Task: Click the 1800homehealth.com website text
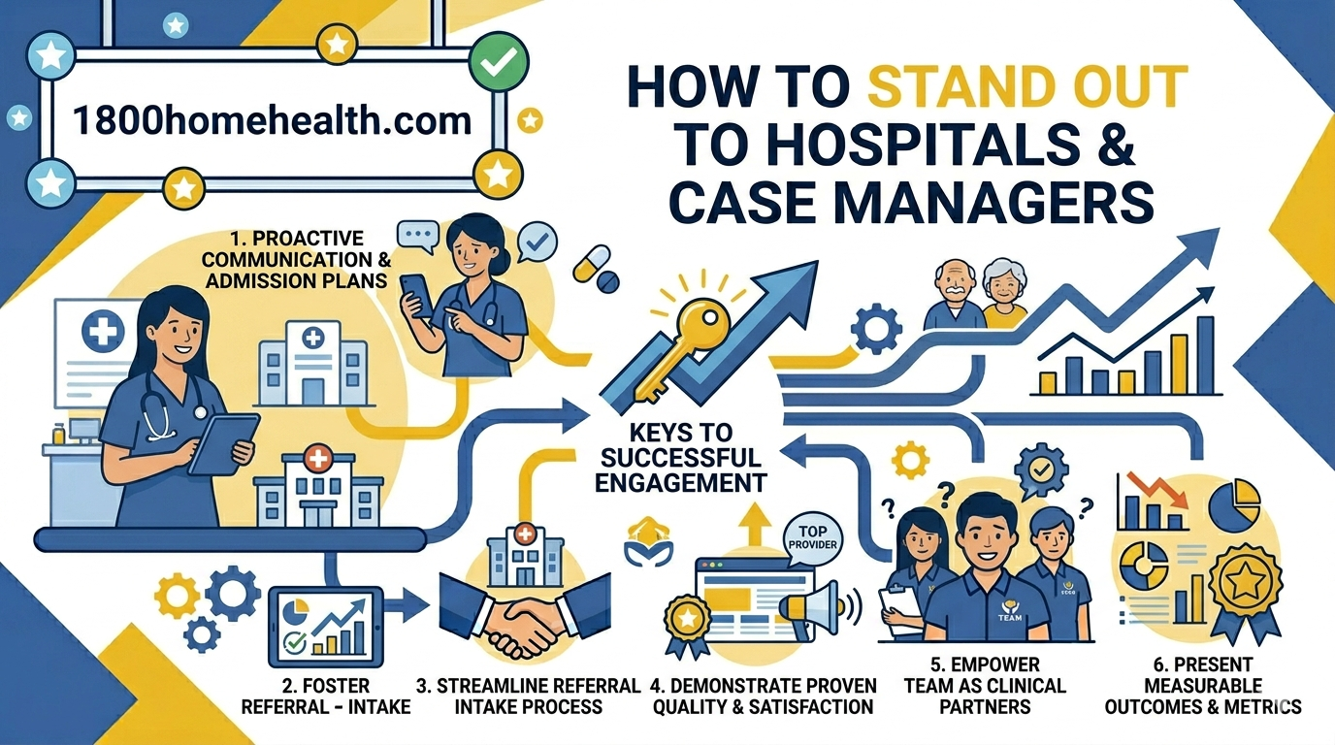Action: coord(272,120)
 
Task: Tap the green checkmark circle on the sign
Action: coord(499,61)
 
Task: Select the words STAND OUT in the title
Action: coord(1027,87)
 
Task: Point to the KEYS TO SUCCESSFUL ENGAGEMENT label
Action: coord(681,458)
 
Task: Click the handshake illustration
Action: coord(525,617)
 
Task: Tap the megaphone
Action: coord(813,609)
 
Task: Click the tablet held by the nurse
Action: coord(223,444)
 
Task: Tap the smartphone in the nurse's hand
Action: coord(416,296)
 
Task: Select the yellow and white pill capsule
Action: coord(591,263)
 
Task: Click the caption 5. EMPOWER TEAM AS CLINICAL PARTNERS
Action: coord(985,686)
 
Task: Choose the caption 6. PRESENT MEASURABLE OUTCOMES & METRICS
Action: coord(1203,686)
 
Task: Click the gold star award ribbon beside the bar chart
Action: coord(1245,591)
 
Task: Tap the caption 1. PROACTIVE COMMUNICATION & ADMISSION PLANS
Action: coord(297,259)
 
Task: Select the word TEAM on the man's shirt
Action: coord(1010,618)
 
